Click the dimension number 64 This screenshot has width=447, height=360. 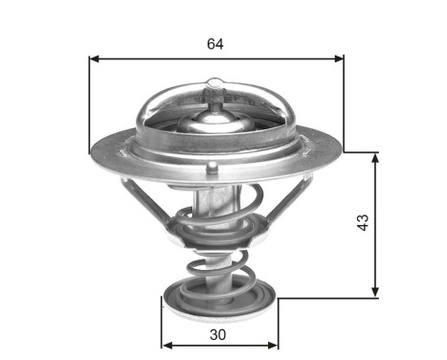point(216,44)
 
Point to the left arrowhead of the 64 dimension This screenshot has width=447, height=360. point(94,58)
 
